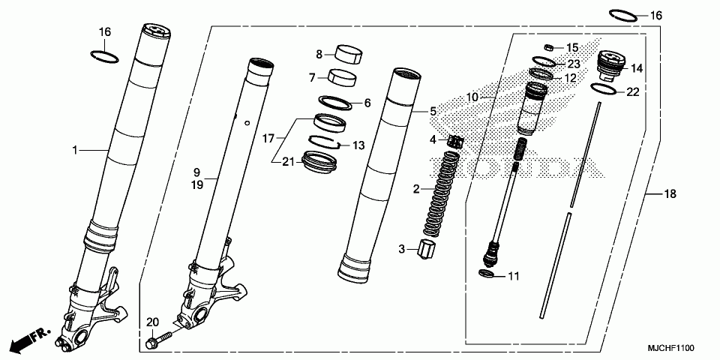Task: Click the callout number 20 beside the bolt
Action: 152,322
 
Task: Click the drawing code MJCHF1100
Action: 673,349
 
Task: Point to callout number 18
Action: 670,194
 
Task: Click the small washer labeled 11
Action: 486,274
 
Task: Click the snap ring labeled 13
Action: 327,140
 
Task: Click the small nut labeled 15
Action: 548,47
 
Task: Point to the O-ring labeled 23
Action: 546,61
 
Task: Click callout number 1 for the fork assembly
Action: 75,151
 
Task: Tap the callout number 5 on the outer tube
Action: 432,111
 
